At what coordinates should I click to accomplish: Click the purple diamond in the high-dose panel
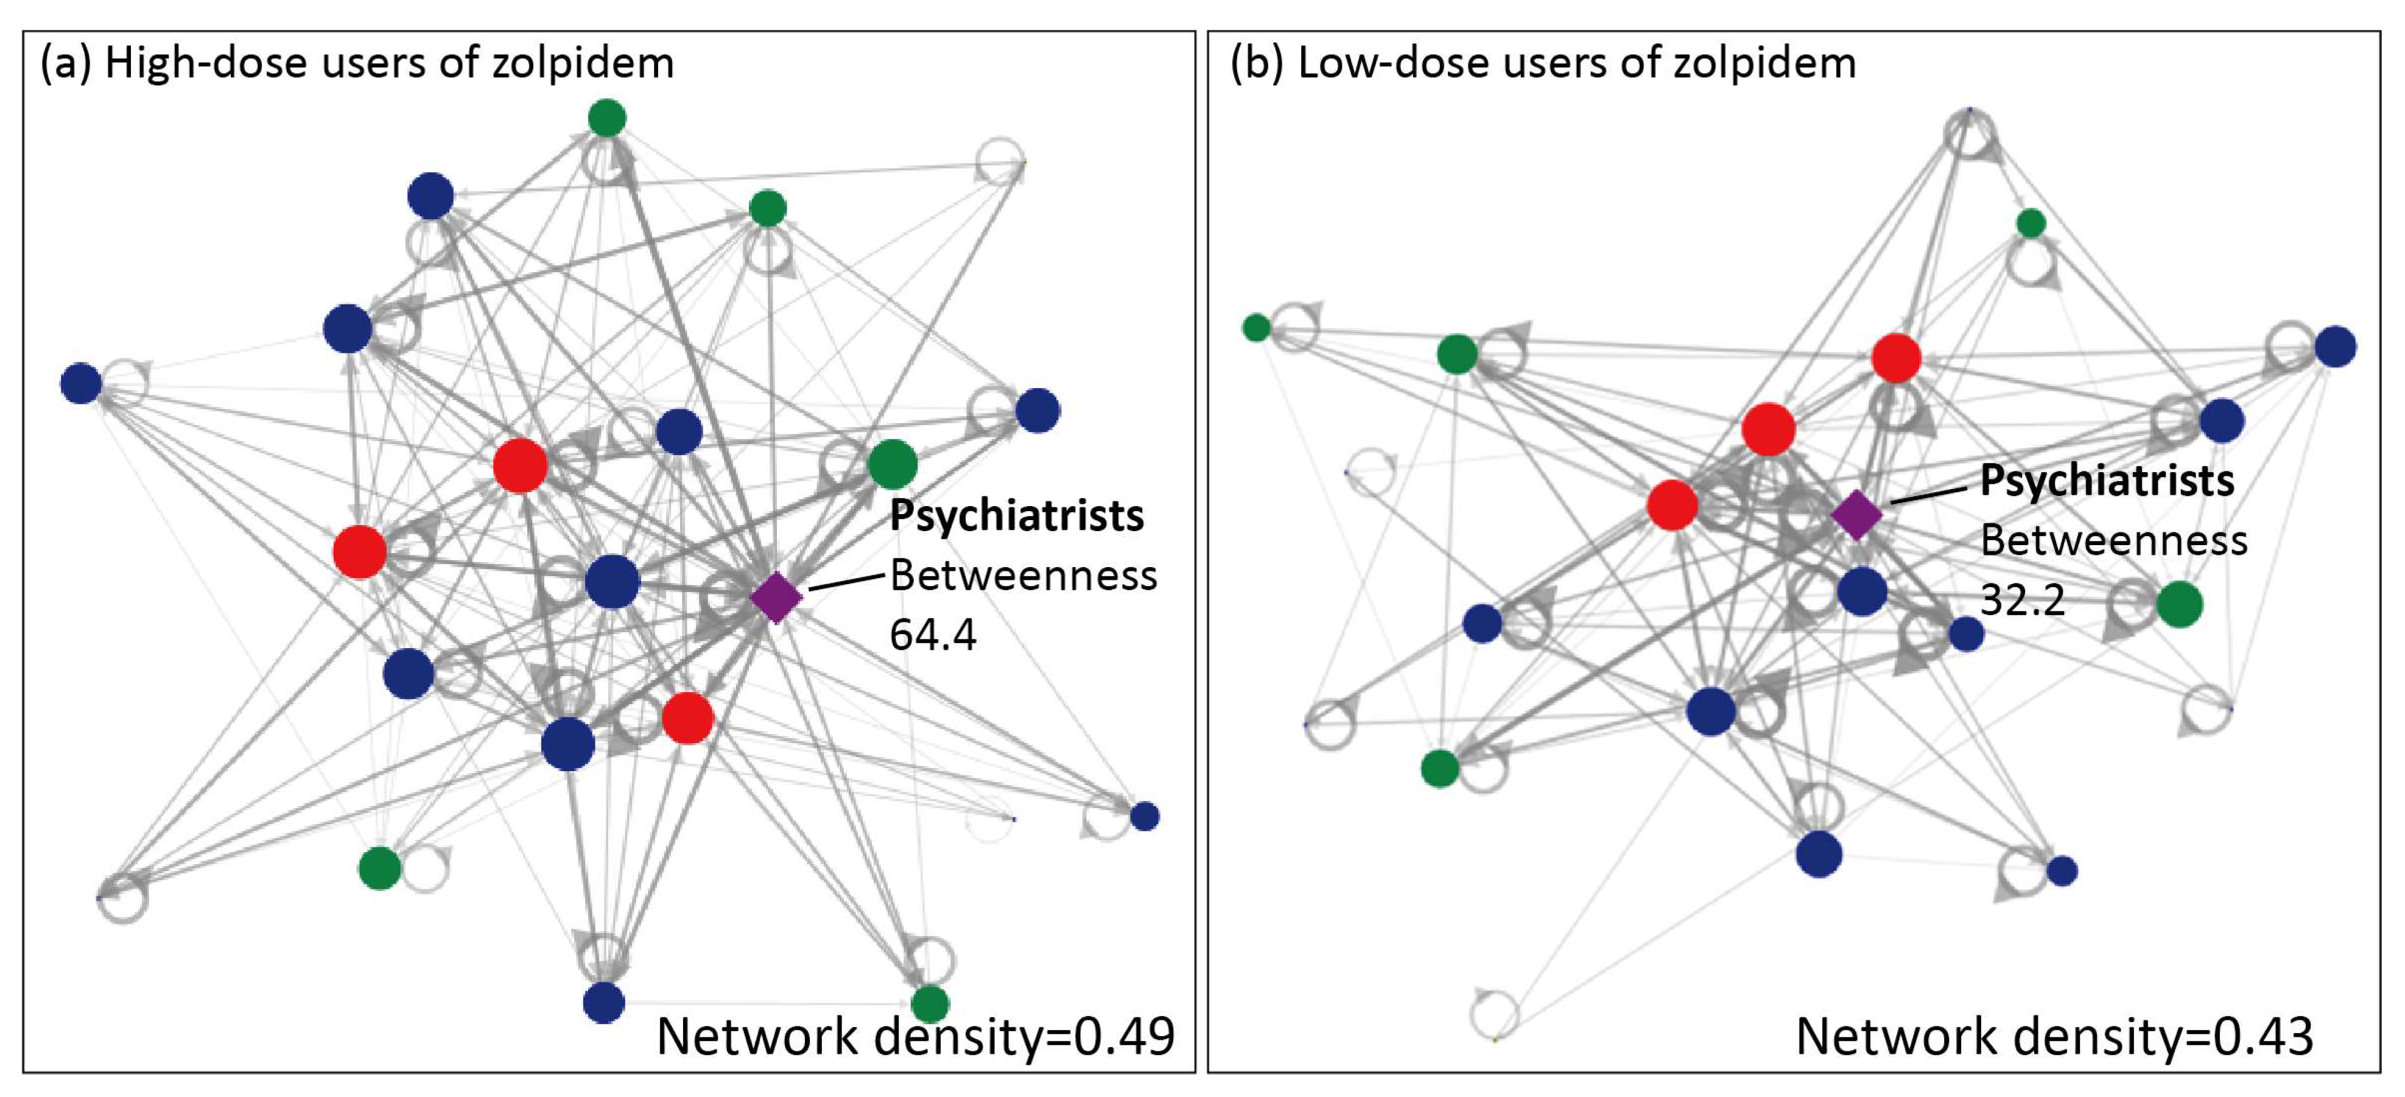(776, 598)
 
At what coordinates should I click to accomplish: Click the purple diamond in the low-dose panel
(1856, 515)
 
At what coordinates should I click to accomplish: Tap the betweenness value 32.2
(2022, 599)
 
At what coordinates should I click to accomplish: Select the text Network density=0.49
(915, 1036)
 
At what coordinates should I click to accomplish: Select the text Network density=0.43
(2054, 1036)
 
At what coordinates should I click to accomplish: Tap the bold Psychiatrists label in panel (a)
(1016, 515)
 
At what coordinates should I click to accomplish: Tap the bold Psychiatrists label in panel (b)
(2107, 481)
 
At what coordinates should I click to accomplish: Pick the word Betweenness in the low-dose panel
(2114, 540)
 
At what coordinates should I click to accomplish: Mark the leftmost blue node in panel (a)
(81, 383)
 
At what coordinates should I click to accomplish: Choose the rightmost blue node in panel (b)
(2335, 347)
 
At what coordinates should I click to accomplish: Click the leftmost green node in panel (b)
(1257, 328)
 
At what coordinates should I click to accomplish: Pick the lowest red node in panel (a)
(688, 718)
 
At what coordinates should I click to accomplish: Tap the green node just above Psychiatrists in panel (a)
(893, 464)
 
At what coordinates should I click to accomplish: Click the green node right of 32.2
(2179, 604)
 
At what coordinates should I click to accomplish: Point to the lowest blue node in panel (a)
(603, 1003)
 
